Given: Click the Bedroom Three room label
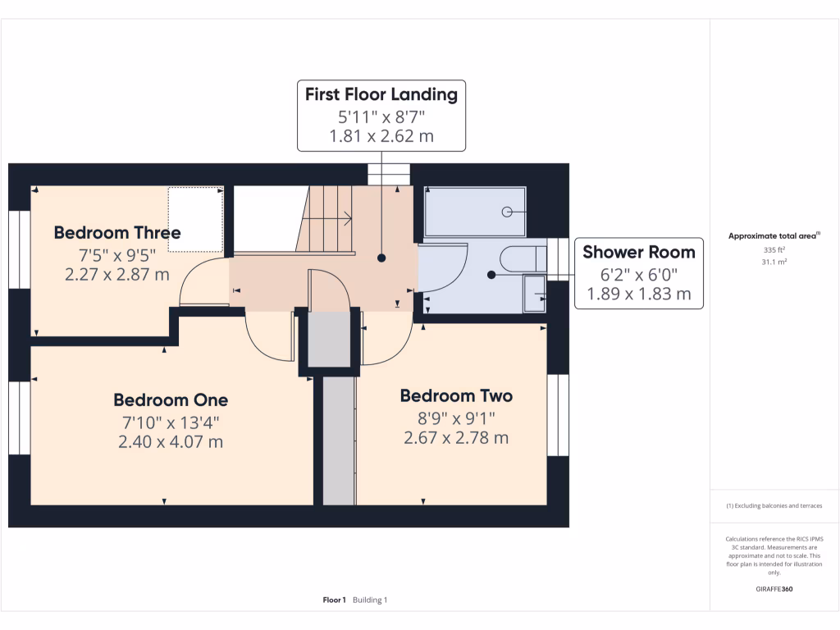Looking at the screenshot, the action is coord(117,232).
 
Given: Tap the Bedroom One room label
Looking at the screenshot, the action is coord(171,399).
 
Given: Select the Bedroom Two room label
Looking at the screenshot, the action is coord(456,395).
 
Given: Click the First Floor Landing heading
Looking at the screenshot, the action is coord(381,94).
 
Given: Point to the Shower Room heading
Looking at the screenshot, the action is coord(639,252).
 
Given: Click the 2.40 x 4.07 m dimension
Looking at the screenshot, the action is coord(171,442).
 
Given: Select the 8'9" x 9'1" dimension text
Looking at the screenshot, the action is coord(456,418).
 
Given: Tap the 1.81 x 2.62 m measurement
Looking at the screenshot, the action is coord(381,136).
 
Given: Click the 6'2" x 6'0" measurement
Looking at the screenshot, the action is coord(639,275).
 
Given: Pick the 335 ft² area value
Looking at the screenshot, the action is coord(774,249).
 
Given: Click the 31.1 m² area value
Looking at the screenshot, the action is coord(774,262).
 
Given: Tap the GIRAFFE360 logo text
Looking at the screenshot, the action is coord(774,589).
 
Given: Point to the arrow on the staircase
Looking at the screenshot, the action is coord(326,218).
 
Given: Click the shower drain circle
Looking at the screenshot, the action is coord(506,212).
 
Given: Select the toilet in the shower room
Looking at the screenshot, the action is coord(523,259).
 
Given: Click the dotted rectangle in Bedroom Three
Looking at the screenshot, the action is coord(195,219).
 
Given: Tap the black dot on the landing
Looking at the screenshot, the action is coord(381,258).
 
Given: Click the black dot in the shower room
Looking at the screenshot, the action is coord(491,275).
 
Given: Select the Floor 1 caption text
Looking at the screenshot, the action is coord(335,600).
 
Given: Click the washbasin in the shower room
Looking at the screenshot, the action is coord(535,293).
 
